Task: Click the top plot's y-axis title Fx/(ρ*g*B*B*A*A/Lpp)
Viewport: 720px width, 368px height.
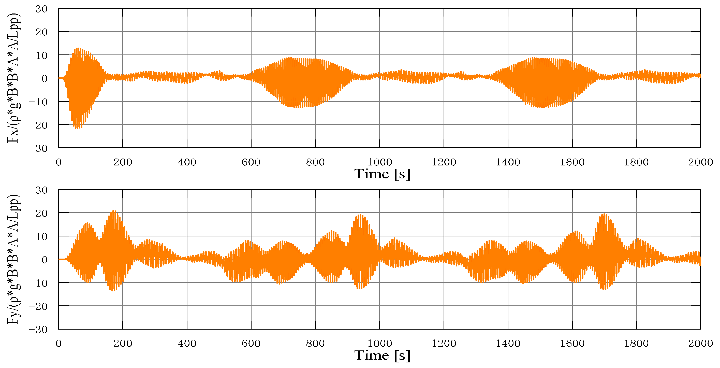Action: (x=13, y=78)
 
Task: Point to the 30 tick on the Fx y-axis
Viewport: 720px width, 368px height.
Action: (x=41, y=9)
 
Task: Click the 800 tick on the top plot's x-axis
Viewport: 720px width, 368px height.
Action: (x=315, y=162)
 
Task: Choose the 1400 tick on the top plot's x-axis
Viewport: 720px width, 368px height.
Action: (x=508, y=162)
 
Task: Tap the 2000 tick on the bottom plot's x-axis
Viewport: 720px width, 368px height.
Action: (x=700, y=343)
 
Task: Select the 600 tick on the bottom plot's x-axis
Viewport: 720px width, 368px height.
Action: (x=251, y=343)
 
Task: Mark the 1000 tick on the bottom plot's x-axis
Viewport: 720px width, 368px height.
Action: (x=379, y=343)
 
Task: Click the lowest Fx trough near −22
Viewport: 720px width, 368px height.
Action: (x=77, y=128)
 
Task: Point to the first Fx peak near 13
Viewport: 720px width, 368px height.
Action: (x=77, y=48)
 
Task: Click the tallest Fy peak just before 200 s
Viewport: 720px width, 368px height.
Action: (x=113, y=210)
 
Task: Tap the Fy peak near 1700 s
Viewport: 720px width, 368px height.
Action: (x=605, y=214)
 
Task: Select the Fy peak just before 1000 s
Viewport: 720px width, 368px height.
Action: (x=361, y=215)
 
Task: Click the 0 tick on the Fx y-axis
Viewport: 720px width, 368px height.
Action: (x=45, y=79)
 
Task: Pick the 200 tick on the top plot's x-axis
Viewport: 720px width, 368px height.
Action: (x=123, y=162)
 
